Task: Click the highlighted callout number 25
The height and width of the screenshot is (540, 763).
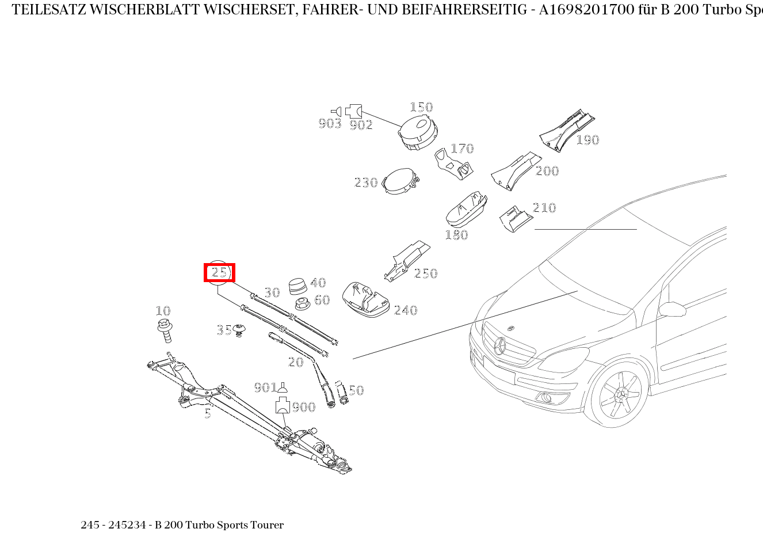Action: (219, 272)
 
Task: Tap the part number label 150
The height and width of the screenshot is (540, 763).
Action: (421, 107)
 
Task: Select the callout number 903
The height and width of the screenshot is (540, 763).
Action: (330, 124)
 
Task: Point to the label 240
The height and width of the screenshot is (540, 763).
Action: (405, 310)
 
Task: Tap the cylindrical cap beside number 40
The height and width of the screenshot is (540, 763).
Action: (298, 286)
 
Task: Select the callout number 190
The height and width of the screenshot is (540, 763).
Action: (587, 140)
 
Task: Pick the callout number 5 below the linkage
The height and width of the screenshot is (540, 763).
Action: (207, 413)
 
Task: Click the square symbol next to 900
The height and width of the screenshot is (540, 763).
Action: (282, 405)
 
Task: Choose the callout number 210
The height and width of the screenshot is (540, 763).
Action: (544, 208)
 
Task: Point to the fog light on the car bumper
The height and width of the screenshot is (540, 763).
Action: (545, 397)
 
